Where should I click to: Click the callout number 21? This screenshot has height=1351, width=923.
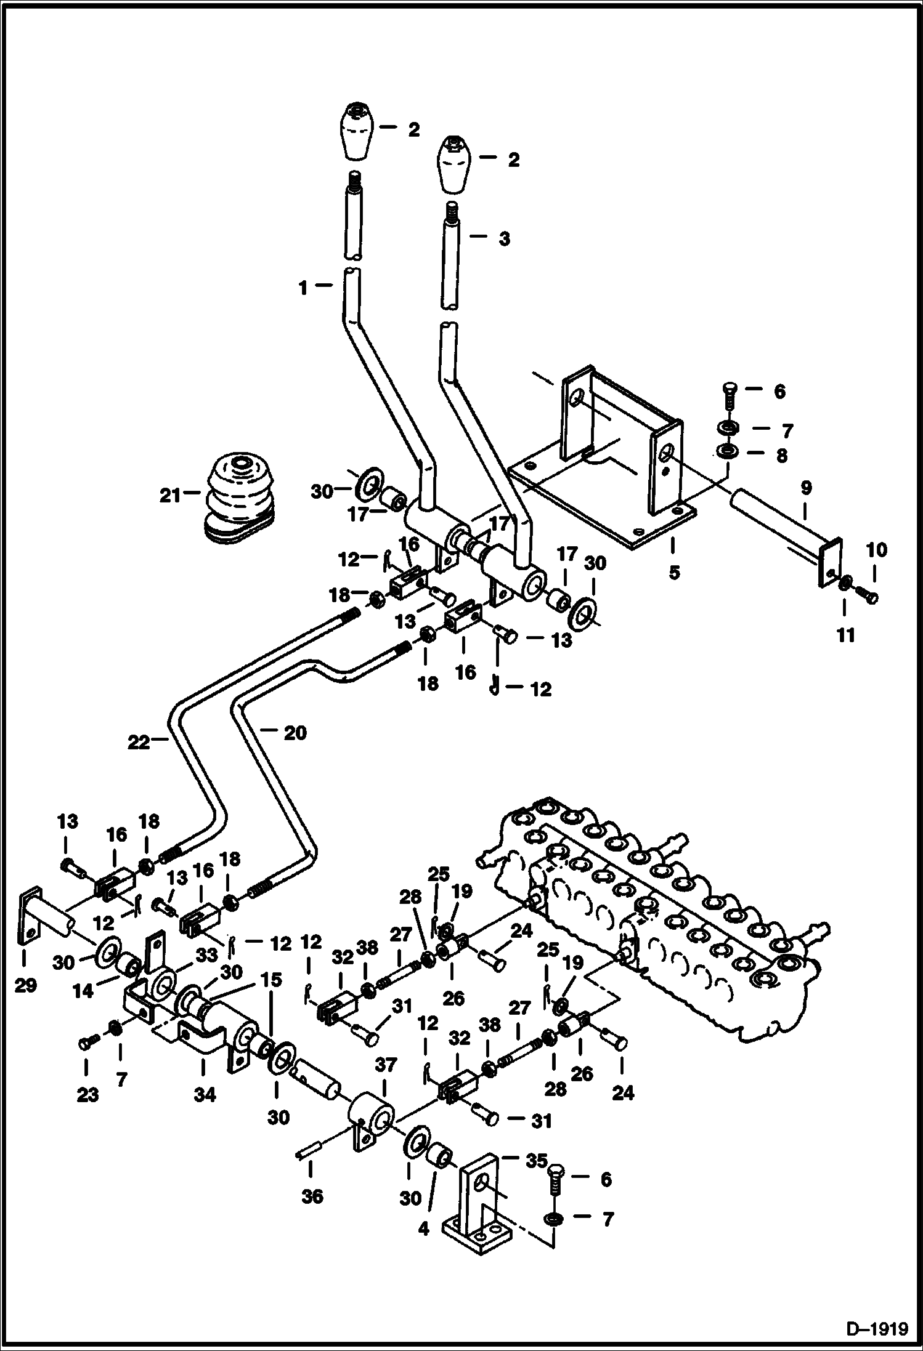[x=169, y=494]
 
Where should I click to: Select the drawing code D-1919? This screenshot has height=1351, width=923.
[x=877, y=1329]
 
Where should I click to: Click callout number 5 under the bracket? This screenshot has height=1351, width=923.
[x=674, y=572]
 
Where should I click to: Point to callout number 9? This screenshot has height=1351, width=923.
[x=806, y=488]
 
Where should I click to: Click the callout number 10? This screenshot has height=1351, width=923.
[x=877, y=550]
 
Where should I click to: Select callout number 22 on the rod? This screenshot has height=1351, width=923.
[x=139, y=743]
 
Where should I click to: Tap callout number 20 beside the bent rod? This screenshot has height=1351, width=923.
[x=295, y=733]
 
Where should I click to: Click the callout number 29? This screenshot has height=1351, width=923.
[x=25, y=986]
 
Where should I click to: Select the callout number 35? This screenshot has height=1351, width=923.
[x=536, y=1161]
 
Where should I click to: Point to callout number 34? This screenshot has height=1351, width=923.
[x=205, y=1095]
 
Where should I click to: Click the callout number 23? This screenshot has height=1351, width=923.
[x=87, y=1095]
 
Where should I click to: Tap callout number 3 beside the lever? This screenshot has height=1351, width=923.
[x=504, y=239]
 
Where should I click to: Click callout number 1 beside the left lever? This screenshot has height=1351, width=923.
[x=303, y=288]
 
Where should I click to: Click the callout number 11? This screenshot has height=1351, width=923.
[x=846, y=634]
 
